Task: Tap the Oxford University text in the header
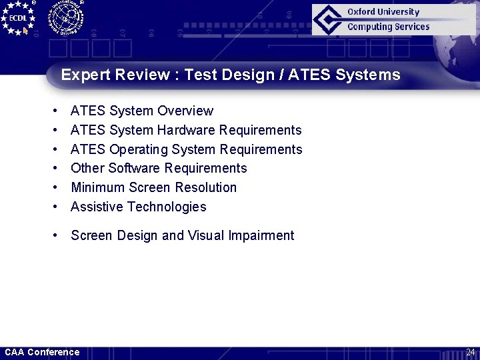point(383,11)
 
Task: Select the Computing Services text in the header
point(388,27)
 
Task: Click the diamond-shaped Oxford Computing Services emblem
point(328,19)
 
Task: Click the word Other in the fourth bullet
point(87,168)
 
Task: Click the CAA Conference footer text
point(42,352)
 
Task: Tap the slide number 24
point(470,352)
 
